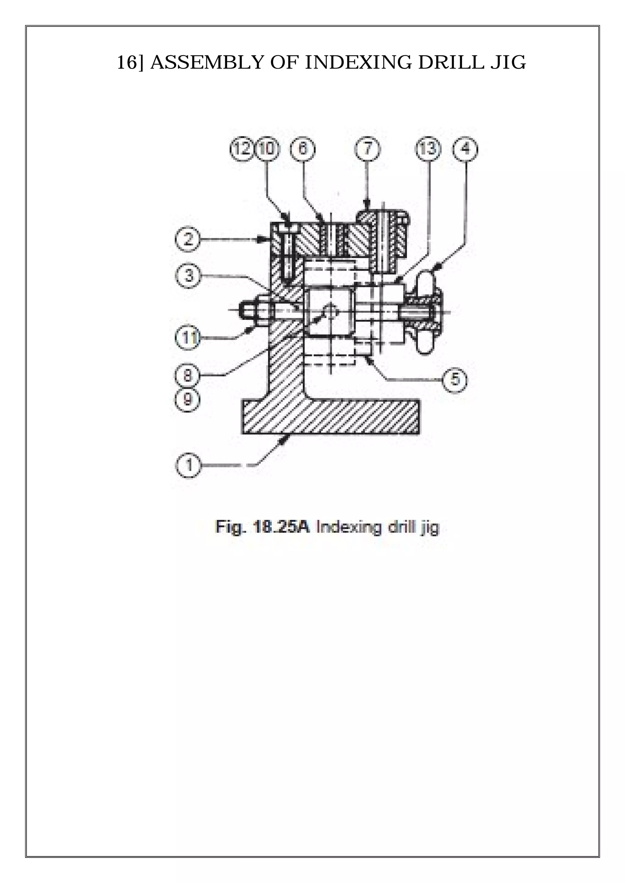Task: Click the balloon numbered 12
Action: pos(242,149)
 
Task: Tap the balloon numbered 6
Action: pos(302,149)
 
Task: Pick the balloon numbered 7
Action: pos(367,149)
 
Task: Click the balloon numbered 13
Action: pos(428,149)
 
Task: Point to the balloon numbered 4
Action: pos(466,149)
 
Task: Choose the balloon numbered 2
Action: pos(187,240)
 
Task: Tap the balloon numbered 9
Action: pos(187,400)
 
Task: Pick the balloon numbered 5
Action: pos(455,380)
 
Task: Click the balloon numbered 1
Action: pos(189,466)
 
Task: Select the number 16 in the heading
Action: pos(126,62)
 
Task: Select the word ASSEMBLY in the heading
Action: pos(206,62)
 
